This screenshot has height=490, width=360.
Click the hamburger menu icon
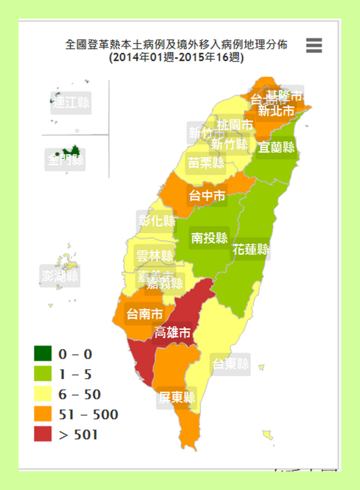click(314, 45)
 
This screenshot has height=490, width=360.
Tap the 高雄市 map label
click(173, 333)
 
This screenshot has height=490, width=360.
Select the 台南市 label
click(144, 314)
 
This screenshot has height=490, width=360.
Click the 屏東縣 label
click(177, 398)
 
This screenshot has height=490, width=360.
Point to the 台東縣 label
click(230, 364)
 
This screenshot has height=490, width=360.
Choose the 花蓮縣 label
click(251, 249)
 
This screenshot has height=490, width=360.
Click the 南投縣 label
click(209, 238)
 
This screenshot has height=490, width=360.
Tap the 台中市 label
click(207, 196)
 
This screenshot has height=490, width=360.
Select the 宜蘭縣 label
click(276, 147)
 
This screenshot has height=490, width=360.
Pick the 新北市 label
click(276, 111)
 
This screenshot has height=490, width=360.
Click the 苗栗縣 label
click(206, 163)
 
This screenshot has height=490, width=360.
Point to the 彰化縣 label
click(157, 221)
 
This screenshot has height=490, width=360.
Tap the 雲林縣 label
click(154, 256)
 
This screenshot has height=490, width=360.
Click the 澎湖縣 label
click(60, 276)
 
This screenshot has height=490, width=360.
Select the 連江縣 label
click(71, 102)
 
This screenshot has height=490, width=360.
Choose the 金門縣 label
click(65, 160)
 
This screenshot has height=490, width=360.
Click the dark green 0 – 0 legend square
click(43, 354)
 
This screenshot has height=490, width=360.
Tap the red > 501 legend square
click(43, 434)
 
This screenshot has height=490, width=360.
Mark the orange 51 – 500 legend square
click(43, 414)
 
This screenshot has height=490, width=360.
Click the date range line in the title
click(176, 58)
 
